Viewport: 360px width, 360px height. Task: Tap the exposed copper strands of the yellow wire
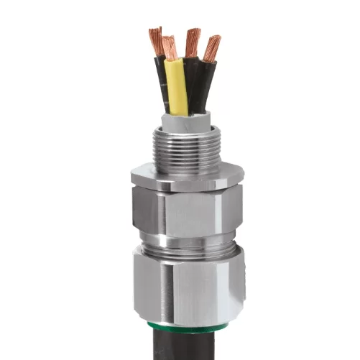click(x=170, y=48)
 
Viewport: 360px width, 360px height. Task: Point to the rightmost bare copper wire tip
click(x=212, y=48)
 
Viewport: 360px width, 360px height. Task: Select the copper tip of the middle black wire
click(x=192, y=42)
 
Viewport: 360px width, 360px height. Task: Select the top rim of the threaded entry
click(x=186, y=129)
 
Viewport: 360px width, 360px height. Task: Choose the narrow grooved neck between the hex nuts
click(x=186, y=244)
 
